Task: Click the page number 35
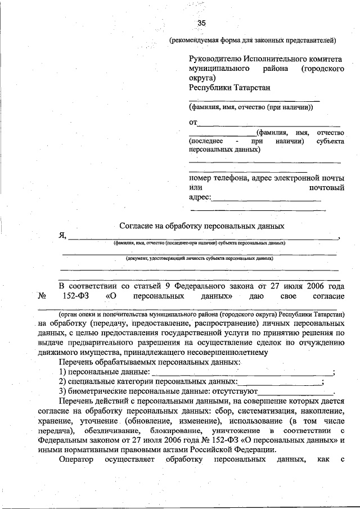(x=201, y=23)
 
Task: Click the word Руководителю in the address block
(x=213, y=58)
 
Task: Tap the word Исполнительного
(x=269, y=58)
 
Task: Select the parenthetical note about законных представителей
(x=253, y=40)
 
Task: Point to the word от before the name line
(x=193, y=122)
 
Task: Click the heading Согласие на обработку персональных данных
(x=202, y=226)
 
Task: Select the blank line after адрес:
(x=267, y=197)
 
